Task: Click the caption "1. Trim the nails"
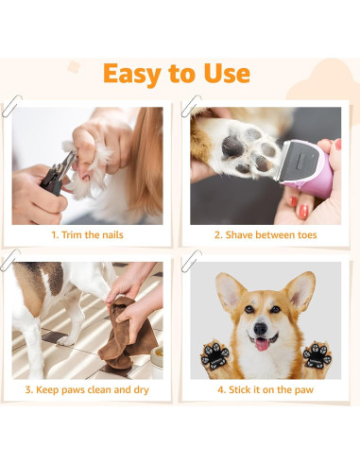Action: tap(87, 234)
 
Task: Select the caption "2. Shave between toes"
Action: tap(266, 234)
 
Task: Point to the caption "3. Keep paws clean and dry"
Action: tap(87, 388)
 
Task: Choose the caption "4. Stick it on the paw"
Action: tap(266, 388)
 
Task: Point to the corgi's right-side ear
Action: tap(300, 289)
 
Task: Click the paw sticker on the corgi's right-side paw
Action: tap(316, 354)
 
